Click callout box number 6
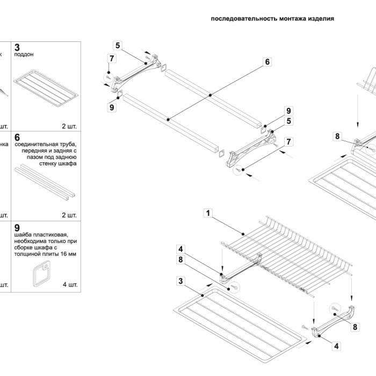tap(267, 62)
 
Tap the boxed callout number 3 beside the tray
tap(182, 281)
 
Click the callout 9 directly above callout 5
tap(288, 111)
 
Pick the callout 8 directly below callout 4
tap(182, 259)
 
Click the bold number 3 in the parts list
tap(18, 47)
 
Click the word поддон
tap(25, 54)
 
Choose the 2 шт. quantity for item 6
tap(69, 215)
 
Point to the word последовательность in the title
tap(244, 18)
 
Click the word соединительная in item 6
tap(37, 144)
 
